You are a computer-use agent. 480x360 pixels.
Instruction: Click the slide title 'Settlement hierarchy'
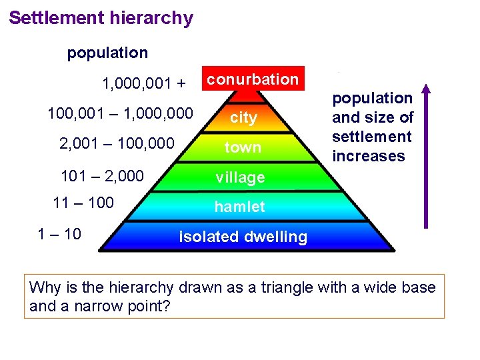pos(101,18)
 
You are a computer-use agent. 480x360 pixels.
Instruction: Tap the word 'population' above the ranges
pos(107,53)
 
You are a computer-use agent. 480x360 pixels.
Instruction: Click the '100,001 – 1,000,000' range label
pos(120,114)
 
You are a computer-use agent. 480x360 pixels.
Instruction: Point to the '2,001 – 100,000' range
pos(117,143)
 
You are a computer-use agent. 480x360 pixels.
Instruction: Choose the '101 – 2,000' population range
pos(102,175)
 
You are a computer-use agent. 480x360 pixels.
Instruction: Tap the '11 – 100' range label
pos(83,203)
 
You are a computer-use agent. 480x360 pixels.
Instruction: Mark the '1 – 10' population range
pos(60,233)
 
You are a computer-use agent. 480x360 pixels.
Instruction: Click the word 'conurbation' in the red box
pos(253,79)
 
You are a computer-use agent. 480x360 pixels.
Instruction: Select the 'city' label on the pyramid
pos(243,118)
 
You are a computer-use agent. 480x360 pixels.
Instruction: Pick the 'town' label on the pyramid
pos(243,147)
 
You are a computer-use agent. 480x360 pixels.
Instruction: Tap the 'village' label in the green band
pos(239,177)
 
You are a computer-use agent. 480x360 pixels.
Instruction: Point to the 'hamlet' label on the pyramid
pos(239,207)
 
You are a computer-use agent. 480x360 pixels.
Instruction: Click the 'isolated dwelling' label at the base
pos(243,237)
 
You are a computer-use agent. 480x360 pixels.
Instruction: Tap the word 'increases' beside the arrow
pos(369,156)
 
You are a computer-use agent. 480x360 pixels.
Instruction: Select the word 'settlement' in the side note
pos(372,137)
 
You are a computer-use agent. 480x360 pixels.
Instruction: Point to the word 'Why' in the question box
pos(45,288)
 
